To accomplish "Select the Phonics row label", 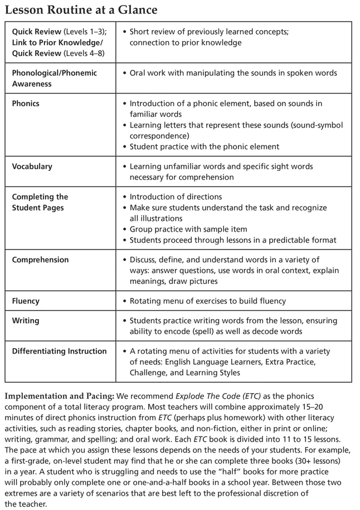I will (26, 104).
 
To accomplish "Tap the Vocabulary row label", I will (32, 166).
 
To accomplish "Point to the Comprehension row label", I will (40, 259).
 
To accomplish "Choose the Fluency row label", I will (26, 301).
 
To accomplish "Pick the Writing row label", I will (26, 321).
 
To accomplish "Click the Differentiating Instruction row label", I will (59, 351).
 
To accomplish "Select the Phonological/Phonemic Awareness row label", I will (54, 78).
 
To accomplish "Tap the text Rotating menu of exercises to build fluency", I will (207, 301).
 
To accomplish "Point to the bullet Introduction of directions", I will (176, 197).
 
